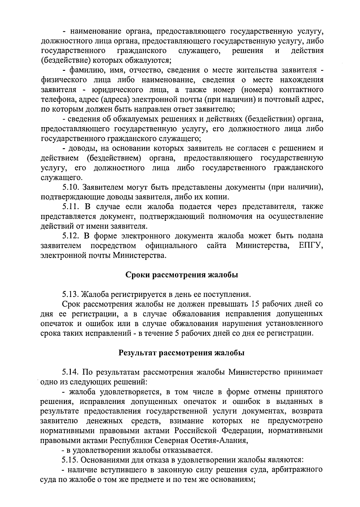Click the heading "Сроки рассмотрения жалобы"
(181, 275)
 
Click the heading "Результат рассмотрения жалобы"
(181, 353)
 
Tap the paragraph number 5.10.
(71, 187)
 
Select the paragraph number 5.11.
(71, 207)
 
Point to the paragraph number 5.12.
(71, 235)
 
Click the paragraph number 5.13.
(71, 294)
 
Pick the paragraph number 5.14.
(71, 372)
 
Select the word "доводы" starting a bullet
(81, 148)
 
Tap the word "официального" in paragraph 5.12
(171, 245)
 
